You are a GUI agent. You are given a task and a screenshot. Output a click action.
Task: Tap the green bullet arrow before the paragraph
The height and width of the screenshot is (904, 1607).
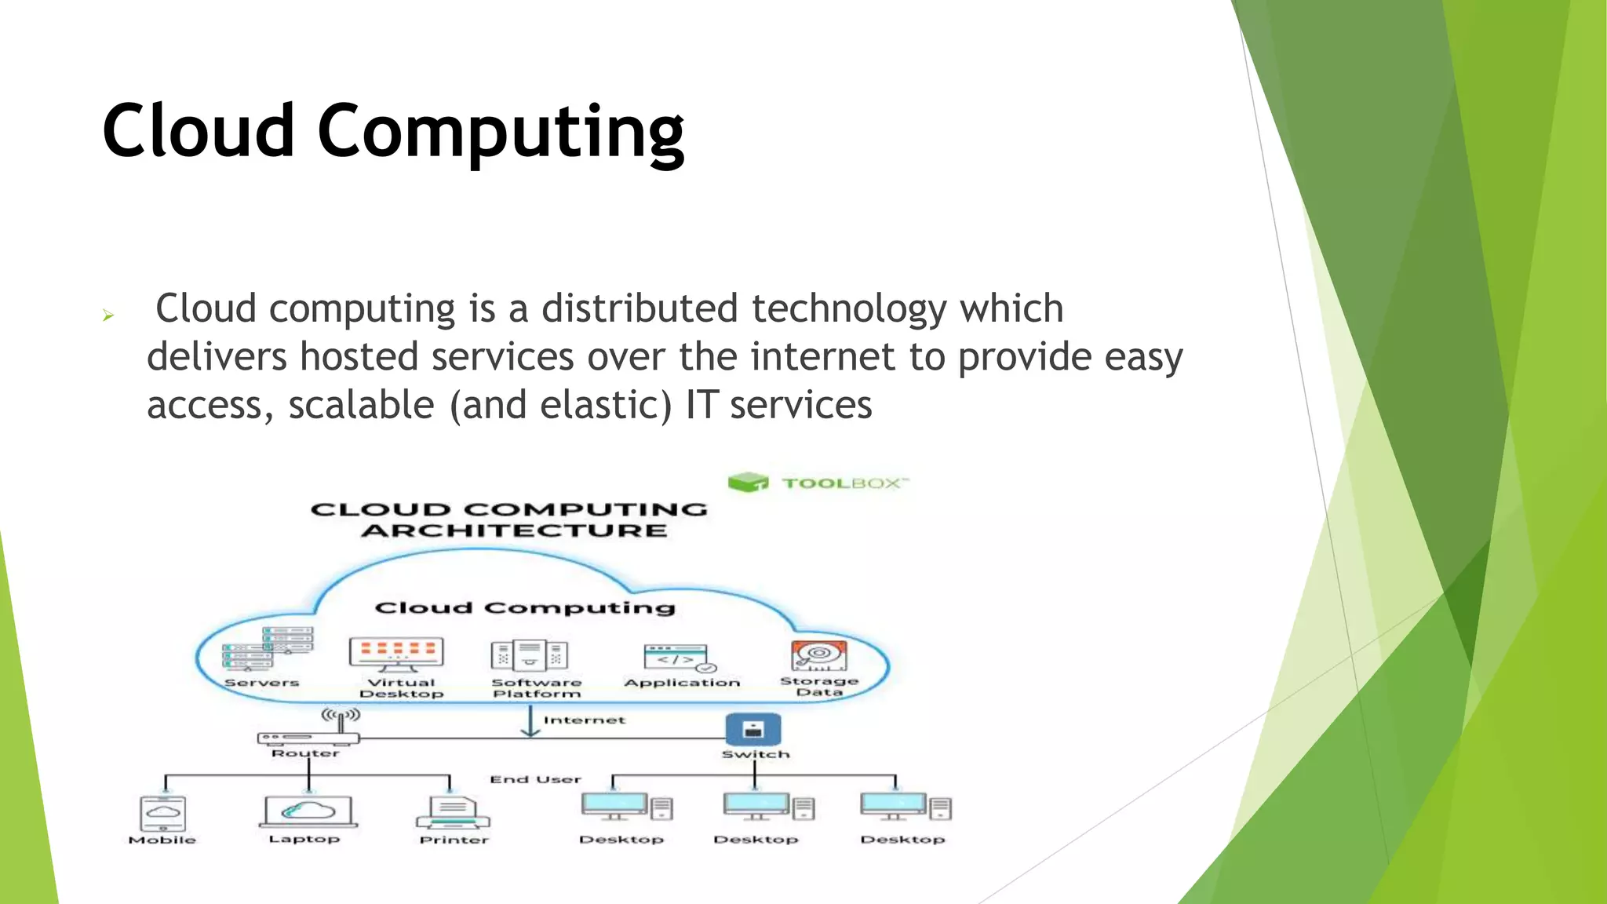(108, 316)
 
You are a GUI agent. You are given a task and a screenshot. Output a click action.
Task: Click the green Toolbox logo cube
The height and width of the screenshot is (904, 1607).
(747, 482)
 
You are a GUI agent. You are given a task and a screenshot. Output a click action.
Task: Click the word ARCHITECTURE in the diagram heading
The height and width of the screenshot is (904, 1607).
(514, 531)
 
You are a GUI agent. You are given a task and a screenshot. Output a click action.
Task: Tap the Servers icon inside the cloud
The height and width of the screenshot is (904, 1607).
(268, 648)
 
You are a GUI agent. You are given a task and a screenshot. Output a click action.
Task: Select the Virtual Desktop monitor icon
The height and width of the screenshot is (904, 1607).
(396, 654)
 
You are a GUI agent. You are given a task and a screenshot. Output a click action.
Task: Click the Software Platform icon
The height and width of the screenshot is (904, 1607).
(530, 655)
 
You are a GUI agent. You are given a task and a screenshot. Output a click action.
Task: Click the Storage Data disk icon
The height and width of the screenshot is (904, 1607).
(818, 655)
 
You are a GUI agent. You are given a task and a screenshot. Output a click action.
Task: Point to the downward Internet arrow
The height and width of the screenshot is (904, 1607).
(531, 721)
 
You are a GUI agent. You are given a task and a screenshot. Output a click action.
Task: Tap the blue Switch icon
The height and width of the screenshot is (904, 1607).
(753, 729)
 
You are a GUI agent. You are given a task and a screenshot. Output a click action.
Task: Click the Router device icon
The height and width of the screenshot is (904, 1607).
(308, 735)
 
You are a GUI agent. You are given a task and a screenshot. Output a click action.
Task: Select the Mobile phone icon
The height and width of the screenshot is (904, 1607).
(162, 813)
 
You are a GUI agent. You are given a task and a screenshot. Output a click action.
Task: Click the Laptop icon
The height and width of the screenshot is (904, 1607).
(308, 811)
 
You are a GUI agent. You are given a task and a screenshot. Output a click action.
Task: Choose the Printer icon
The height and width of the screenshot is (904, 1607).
(454, 813)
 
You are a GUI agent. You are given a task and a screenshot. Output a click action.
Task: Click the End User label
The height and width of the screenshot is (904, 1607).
(535, 779)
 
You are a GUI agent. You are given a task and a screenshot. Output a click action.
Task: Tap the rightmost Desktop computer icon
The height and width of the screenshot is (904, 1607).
(905, 807)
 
